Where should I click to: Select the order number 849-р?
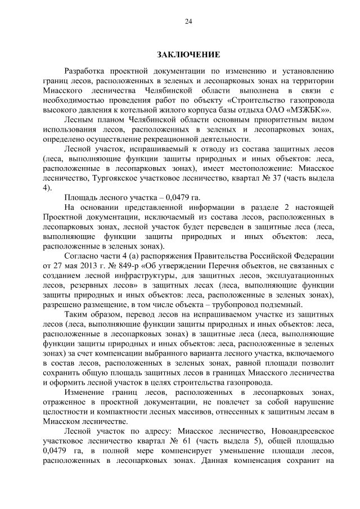(134, 266)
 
